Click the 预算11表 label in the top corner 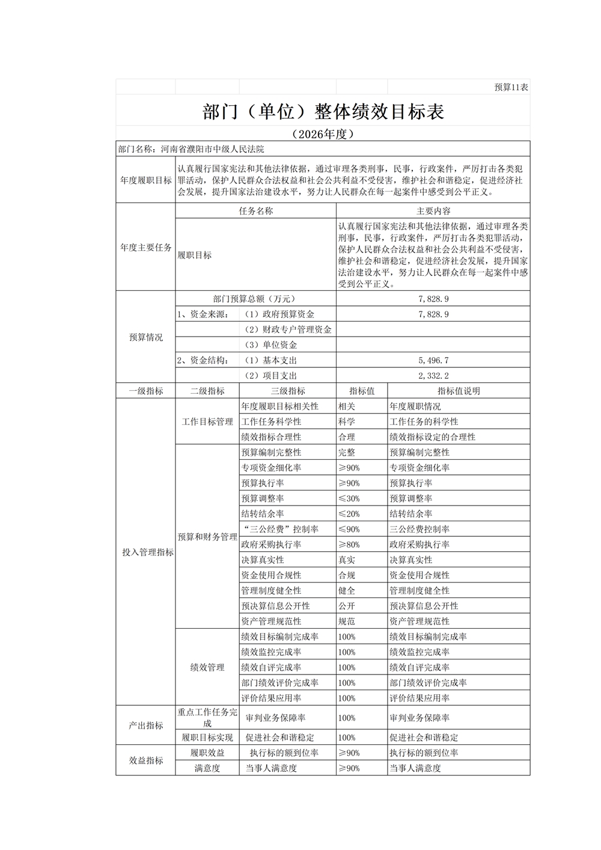point(511,87)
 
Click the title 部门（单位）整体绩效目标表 point(323,111)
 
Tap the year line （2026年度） point(323,133)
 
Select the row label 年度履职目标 point(145,180)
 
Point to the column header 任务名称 point(255,211)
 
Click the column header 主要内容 point(433,211)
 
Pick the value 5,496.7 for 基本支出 point(433,360)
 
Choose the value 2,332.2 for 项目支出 point(433,376)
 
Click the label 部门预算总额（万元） point(255,298)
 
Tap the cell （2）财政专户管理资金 point(287,329)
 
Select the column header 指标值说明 point(459,391)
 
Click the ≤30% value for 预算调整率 point(349,498)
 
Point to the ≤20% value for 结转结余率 point(349,514)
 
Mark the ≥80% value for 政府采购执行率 point(349,545)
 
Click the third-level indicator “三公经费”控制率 point(279,529)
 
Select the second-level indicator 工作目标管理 point(207,421)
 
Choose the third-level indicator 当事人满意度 point(271,768)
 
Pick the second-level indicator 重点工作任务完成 point(207,718)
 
